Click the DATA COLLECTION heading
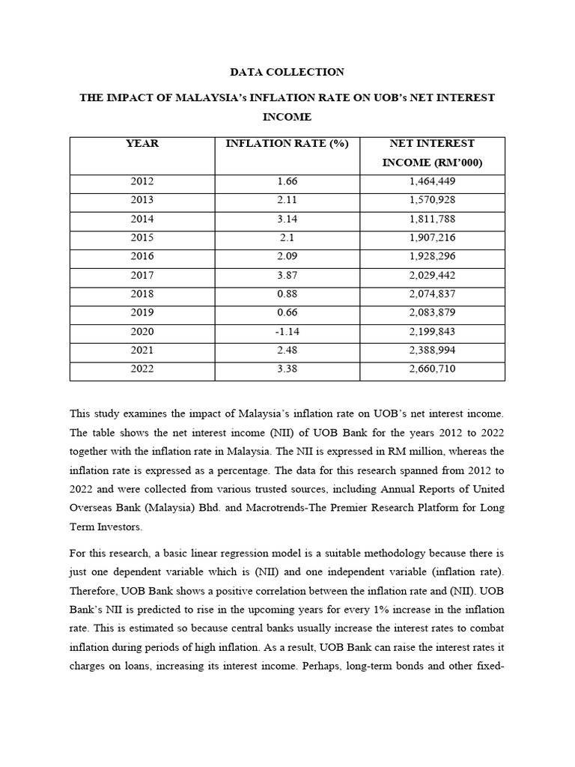(287, 72)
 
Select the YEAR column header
(142, 143)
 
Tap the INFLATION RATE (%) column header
(287, 143)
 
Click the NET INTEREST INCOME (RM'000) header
(432, 153)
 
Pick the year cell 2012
(142, 181)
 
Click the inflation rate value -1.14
(287, 331)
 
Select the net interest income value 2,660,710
(432, 369)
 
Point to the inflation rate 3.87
(287, 275)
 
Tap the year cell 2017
(142, 275)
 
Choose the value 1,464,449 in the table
(432, 181)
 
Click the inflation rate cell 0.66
(287, 312)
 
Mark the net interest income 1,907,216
(432, 237)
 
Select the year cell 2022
(142, 369)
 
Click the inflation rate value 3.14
(287, 219)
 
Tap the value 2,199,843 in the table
(432, 331)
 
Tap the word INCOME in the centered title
(287, 118)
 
